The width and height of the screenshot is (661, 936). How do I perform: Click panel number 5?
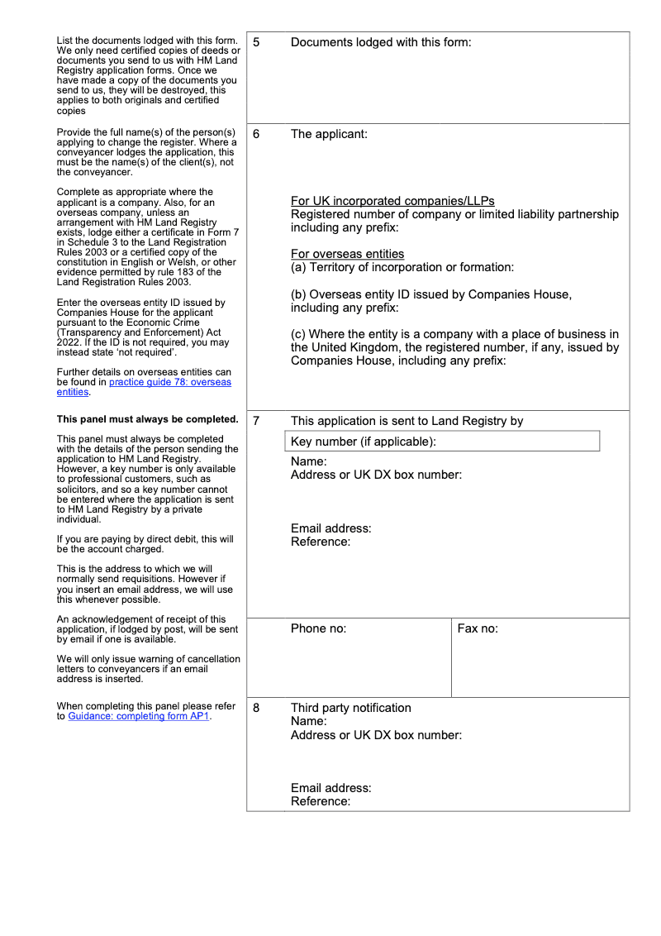[x=256, y=42]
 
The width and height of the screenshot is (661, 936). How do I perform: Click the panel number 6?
[x=256, y=134]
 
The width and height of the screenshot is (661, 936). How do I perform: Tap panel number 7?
[x=256, y=421]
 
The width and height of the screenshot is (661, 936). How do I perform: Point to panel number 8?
[x=256, y=708]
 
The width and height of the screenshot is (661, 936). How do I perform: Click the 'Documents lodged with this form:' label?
[x=381, y=42]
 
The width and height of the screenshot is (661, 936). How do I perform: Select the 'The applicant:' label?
[x=329, y=134]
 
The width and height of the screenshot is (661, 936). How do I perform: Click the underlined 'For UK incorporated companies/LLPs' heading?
[x=392, y=201]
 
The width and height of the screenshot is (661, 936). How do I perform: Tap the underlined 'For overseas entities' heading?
[x=347, y=254]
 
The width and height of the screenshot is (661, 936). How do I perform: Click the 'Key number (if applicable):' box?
[x=442, y=442]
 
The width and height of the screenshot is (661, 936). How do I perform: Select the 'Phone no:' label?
[x=318, y=628]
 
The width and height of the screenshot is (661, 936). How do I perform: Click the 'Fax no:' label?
[x=478, y=628]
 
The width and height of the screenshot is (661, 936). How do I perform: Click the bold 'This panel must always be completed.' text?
[x=147, y=419]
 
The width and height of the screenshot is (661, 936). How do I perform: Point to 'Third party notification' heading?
[x=350, y=708]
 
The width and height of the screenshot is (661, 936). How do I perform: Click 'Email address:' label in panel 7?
[x=330, y=528]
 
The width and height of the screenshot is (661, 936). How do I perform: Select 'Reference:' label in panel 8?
[x=321, y=801]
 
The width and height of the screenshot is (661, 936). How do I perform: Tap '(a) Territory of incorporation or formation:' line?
[x=402, y=267]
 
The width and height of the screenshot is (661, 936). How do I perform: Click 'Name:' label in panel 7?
[x=308, y=461]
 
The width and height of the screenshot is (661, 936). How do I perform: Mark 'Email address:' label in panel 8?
[x=330, y=788]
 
